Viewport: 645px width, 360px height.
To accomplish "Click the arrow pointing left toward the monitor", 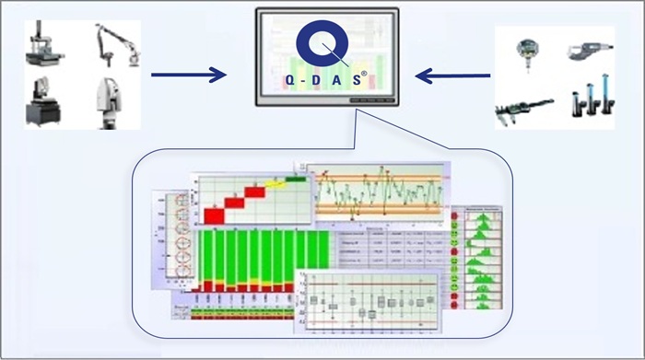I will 451,70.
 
